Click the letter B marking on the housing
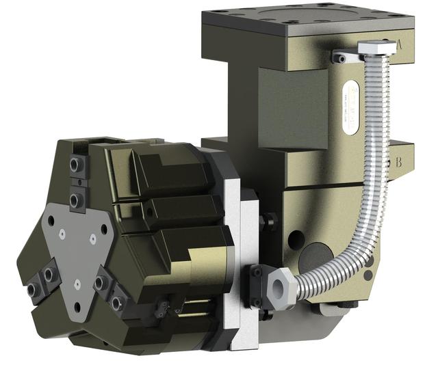click(399, 163)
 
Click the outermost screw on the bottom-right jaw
click(118, 299)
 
